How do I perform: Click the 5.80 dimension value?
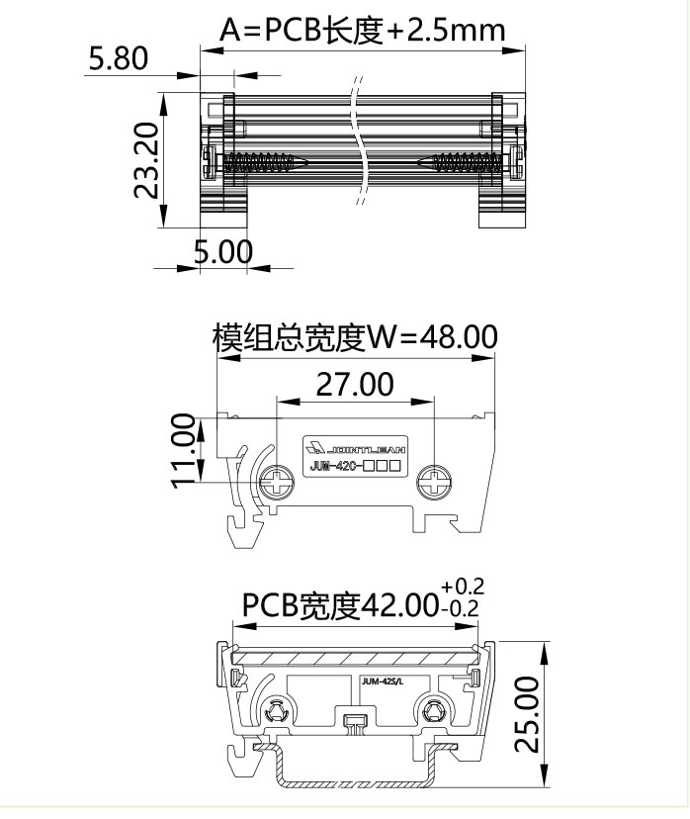click(x=118, y=58)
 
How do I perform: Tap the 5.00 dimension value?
click(x=222, y=251)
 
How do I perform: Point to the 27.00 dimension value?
click(x=355, y=384)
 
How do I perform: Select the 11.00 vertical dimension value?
click(x=184, y=450)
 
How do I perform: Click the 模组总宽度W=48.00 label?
click(x=355, y=338)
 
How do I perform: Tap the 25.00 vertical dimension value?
click(x=529, y=715)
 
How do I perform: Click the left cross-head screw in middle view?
click(x=276, y=483)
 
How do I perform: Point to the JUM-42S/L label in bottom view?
click(x=384, y=681)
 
